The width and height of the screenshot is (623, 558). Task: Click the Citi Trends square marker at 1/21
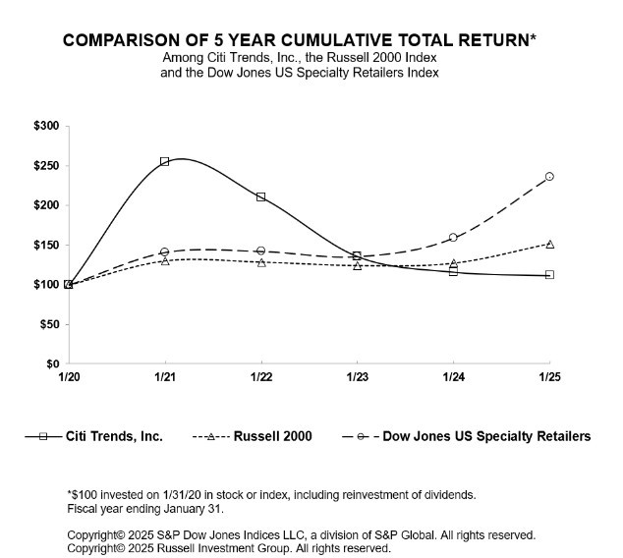pos(164,161)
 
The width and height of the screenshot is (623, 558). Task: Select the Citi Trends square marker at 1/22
pos(260,196)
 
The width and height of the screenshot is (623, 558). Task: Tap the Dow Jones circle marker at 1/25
pos(549,177)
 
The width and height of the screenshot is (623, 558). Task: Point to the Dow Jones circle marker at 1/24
pos(453,238)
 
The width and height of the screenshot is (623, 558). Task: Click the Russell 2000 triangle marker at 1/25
pos(549,244)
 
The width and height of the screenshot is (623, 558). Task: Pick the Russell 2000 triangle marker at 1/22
pos(260,262)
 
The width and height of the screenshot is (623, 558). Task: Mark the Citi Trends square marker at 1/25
pos(549,275)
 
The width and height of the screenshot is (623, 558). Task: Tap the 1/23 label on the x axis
pos(357,377)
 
